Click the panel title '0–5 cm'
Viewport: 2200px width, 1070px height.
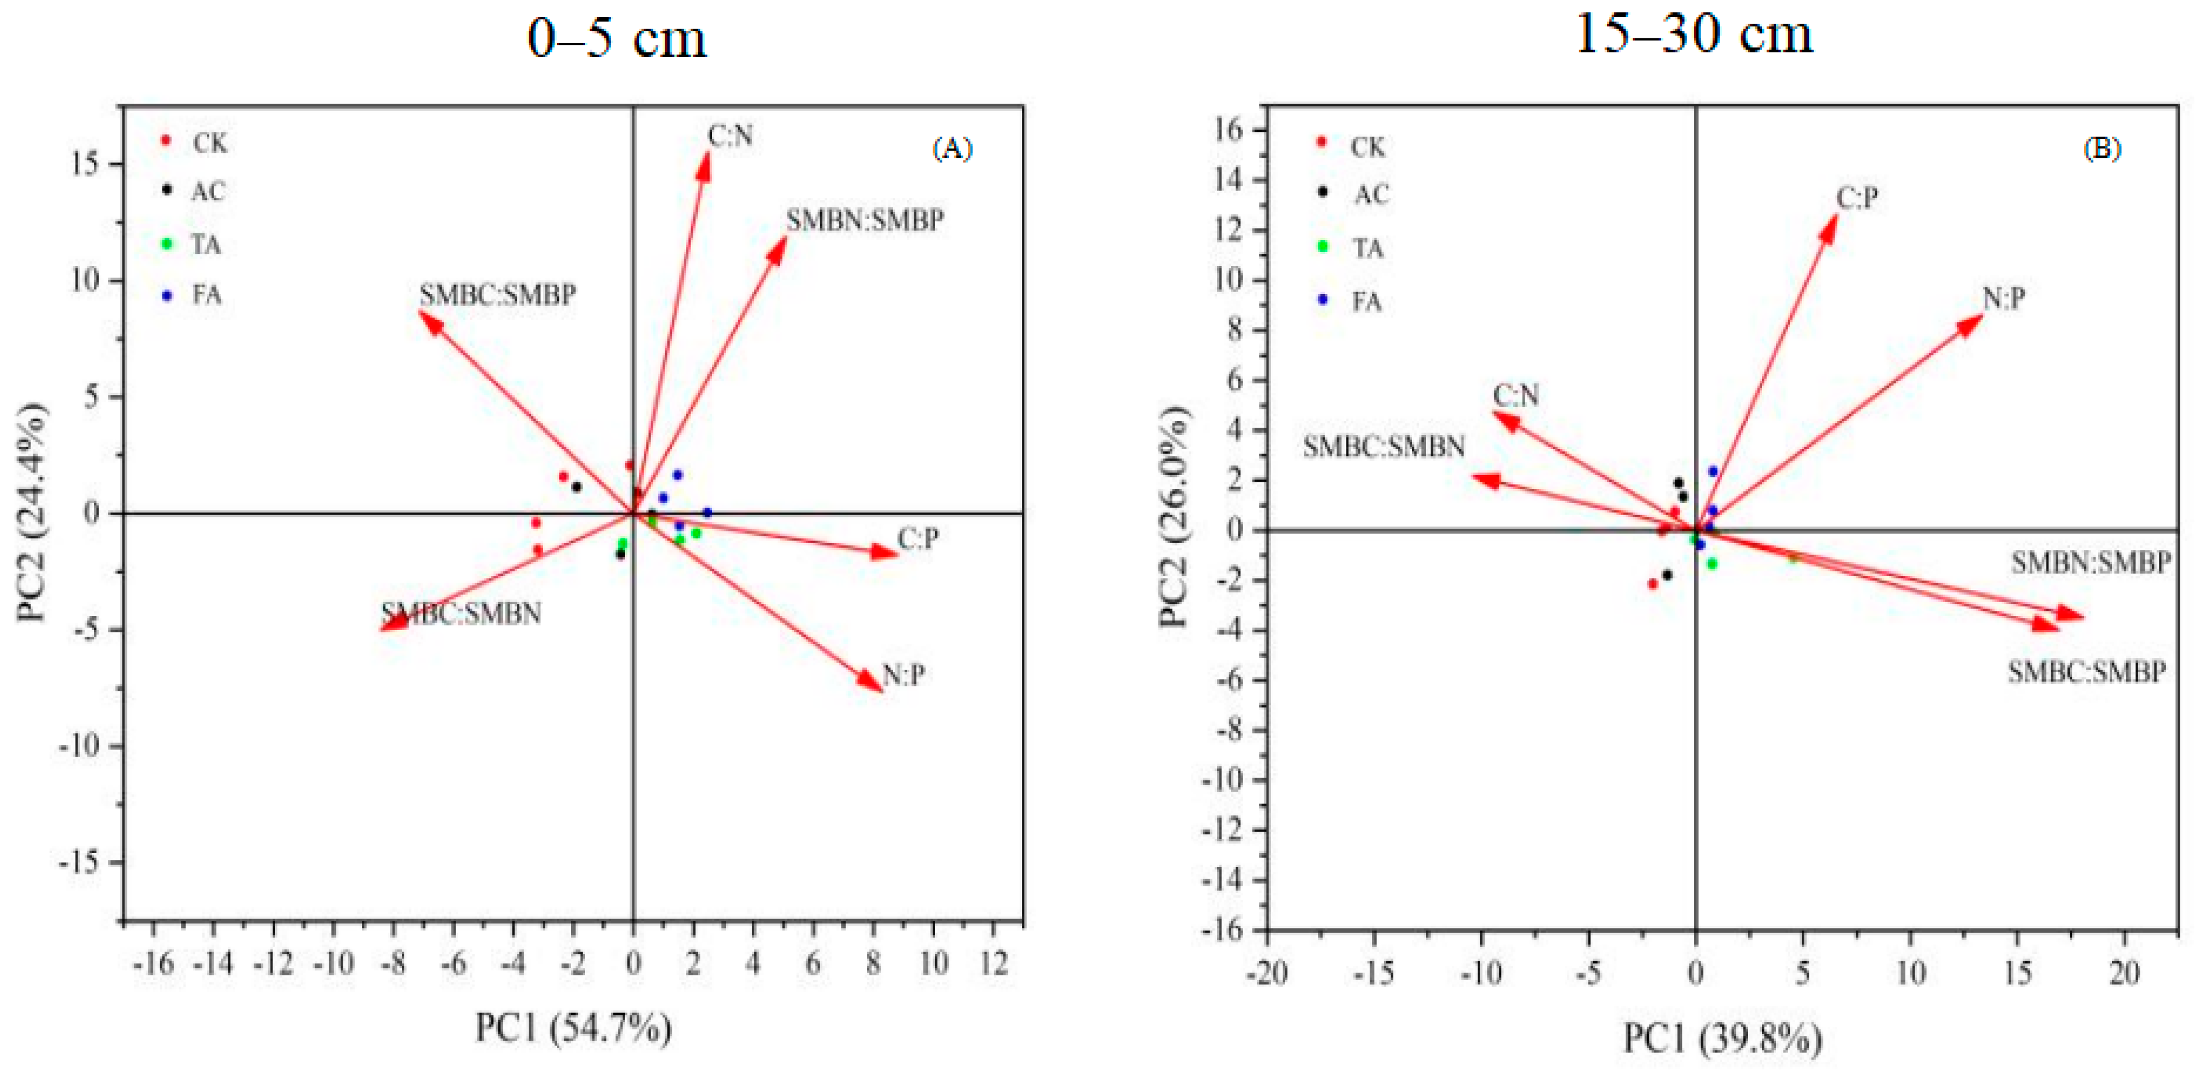617,38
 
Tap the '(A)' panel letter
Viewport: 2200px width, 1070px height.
951,149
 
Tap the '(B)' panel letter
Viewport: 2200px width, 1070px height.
2102,149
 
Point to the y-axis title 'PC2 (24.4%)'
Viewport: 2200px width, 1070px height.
33,512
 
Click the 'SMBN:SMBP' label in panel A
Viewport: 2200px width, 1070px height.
864,220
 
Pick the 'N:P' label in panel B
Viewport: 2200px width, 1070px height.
2003,298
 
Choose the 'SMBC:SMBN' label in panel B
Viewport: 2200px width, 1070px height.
1384,447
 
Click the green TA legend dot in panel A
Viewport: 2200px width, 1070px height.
167,244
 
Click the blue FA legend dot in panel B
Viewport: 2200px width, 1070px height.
1323,300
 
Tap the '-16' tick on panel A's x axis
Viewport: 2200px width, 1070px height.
154,964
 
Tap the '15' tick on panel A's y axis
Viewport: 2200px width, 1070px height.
86,164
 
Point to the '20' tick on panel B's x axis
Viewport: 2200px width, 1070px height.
2124,974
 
